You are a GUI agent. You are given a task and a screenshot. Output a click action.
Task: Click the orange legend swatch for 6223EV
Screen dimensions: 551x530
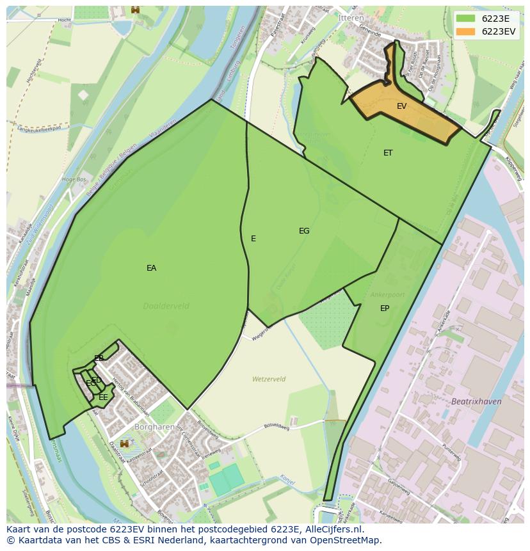(x=465, y=31)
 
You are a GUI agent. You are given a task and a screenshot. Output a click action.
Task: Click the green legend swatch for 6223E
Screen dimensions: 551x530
(x=465, y=19)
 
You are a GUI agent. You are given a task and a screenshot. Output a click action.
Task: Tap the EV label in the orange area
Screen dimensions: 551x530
(x=401, y=106)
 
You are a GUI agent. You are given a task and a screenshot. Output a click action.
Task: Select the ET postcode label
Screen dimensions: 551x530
(x=388, y=153)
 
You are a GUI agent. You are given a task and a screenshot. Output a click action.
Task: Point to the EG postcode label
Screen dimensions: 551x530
(x=304, y=231)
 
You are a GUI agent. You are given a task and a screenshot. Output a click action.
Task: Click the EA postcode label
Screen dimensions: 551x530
(x=151, y=268)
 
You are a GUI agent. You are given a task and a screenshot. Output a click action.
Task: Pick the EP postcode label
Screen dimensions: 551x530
(x=385, y=308)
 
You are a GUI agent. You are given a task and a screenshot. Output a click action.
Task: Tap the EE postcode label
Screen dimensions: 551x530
(x=103, y=397)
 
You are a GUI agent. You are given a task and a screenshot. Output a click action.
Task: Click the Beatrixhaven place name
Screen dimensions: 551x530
(x=476, y=401)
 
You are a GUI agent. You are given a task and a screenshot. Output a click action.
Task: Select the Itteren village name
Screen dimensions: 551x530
(x=351, y=18)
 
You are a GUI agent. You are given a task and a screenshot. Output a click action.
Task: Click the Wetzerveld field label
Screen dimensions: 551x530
(x=269, y=379)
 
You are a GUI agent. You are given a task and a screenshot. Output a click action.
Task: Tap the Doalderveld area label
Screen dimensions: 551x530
(x=166, y=306)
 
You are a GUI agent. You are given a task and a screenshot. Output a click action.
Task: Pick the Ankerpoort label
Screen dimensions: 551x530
(x=387, y=295)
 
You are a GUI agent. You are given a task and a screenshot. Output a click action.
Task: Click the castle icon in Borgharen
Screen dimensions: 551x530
(x=124, y=443)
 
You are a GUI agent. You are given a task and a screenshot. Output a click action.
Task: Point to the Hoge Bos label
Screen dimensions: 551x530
(x=73, y=180)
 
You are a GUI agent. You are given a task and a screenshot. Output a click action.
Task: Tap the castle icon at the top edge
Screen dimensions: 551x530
(x=135, y=10)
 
